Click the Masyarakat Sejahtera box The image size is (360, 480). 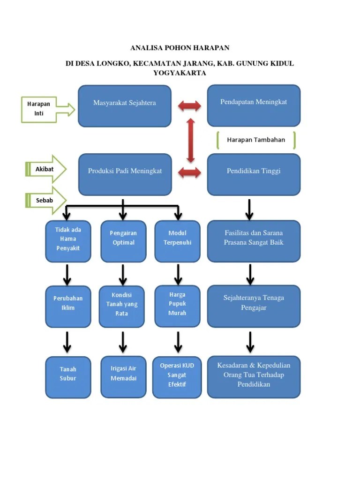124,106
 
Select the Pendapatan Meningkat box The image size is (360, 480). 254,105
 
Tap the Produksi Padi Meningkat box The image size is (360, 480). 125,174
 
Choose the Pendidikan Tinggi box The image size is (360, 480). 254,174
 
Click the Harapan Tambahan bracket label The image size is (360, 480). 256,140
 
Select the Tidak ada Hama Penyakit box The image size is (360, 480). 68,241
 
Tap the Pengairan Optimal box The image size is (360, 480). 123,241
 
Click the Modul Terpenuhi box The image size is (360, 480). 177,241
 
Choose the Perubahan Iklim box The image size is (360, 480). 68,306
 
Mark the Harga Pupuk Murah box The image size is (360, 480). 177,306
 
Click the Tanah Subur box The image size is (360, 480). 68,377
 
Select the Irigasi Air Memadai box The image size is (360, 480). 123,376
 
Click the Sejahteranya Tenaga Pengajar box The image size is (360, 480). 254,306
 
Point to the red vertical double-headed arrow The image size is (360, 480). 191,140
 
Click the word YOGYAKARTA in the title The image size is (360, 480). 180,73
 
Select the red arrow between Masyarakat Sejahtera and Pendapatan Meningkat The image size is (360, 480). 189,106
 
